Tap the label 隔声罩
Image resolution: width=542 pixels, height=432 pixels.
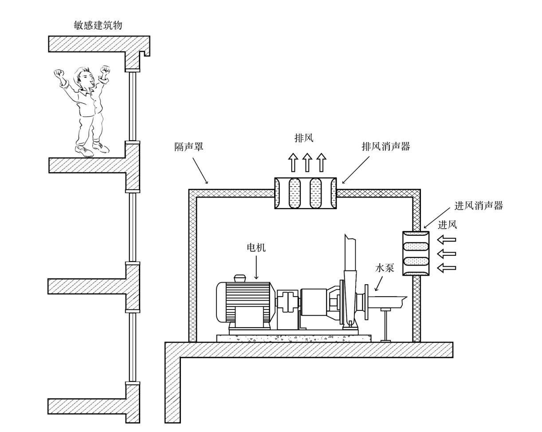click(x=189, y=147)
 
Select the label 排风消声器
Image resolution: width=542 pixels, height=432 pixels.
click(x=386, y=147)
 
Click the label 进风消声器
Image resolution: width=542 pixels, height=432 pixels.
click(x=479, y=206)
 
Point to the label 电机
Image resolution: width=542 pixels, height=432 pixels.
click(x=256, y=248)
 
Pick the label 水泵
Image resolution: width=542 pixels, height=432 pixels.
click(x=385, y=268)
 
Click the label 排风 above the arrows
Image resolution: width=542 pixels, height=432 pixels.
click(x=304, y=138)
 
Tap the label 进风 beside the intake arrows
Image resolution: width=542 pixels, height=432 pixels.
click(x=447, y=225)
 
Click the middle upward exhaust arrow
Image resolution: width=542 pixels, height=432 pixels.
click(x=307, y=162)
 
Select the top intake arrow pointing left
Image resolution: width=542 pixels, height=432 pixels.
click(x=446, y=240)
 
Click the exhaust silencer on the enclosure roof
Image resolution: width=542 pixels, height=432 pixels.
click(x=305, y=193)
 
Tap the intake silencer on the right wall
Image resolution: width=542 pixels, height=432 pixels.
click(x=416, y=253)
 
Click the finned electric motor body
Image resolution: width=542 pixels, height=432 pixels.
click(x=247, y=302)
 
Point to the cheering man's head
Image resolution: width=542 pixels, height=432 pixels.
click(x=83, y=78)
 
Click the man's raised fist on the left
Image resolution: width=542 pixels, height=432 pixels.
click(x=59, y=74)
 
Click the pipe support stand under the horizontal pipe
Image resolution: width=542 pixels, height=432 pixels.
click(x=385, y=324)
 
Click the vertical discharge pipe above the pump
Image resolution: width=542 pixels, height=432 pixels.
click(x=350, y=258)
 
